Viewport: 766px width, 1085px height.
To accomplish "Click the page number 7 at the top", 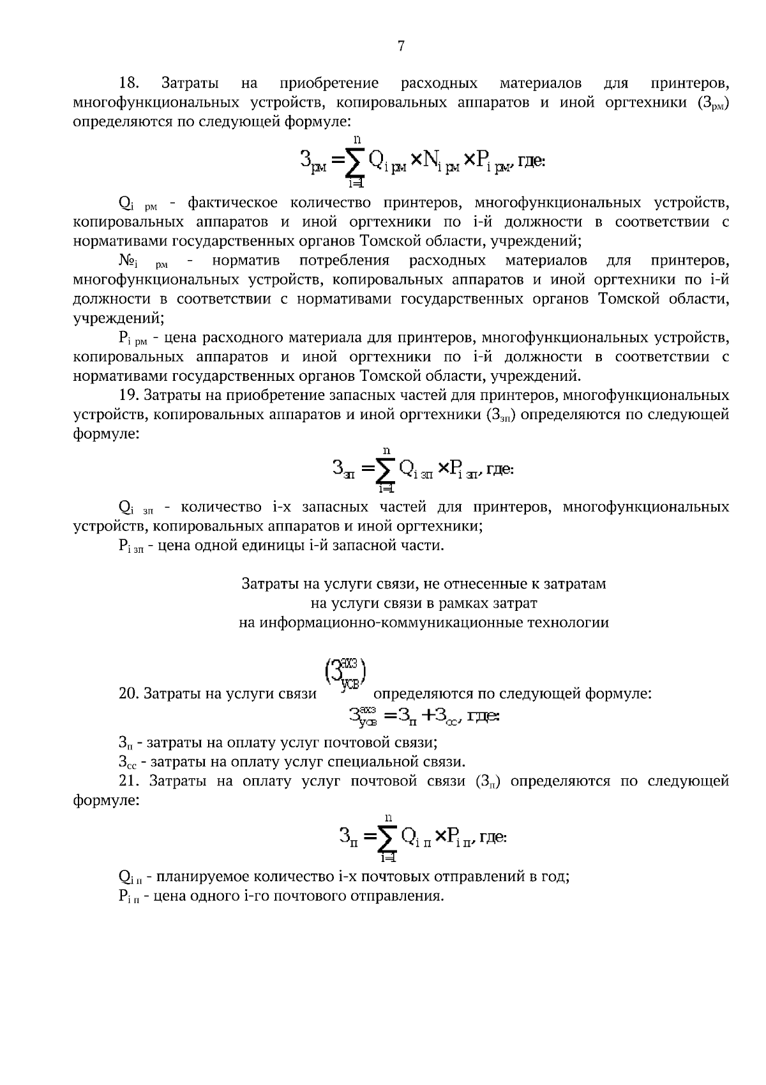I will pos(401,45).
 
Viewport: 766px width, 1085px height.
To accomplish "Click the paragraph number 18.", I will pos(130,84).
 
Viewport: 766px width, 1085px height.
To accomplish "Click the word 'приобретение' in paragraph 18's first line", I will pos(329,84).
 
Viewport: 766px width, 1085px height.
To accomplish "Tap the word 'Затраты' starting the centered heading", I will pos(265,583).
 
